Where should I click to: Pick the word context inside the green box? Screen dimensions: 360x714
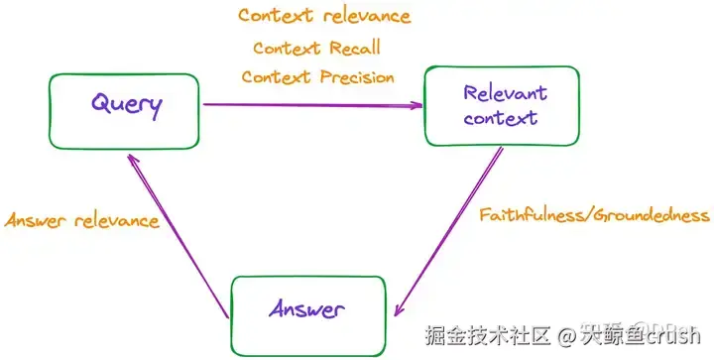tap(501, 119)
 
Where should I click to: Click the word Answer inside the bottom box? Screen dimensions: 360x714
tap(307, 308)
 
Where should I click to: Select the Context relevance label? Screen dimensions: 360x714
tap(323, 16)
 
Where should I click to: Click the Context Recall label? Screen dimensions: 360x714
tap(316, 48)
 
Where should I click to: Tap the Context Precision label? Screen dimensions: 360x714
tap(317, 77)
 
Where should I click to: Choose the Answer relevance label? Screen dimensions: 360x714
tap(82, 220)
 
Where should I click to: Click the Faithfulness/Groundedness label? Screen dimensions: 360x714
tap(593, 214)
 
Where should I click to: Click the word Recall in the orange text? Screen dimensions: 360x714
tap(356, 48)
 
